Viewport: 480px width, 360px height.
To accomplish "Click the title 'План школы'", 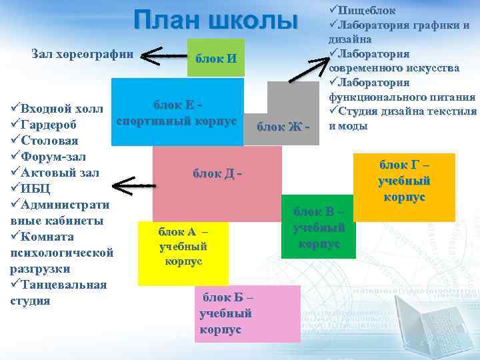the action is pyautogui.click(x=215, y=21).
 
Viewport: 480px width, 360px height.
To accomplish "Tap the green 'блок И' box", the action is pyautogui.click(x=215, y=58).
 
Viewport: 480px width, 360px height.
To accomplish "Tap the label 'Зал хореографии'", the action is pyautogui.click(x=83, y=54).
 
